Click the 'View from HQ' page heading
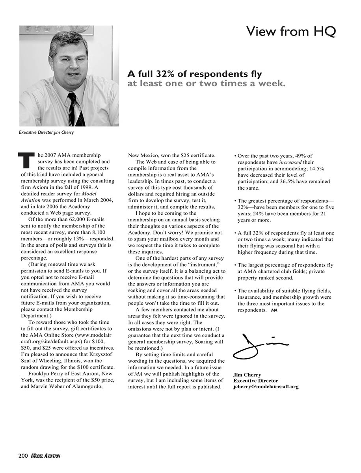(290, 31)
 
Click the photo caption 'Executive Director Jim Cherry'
(46, 132)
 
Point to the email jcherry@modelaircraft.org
(266, 387)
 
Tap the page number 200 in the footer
(23, 456)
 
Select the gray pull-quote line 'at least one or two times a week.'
(206, 84)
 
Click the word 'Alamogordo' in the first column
(90, 387)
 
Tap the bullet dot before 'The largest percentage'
(234, 265)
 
